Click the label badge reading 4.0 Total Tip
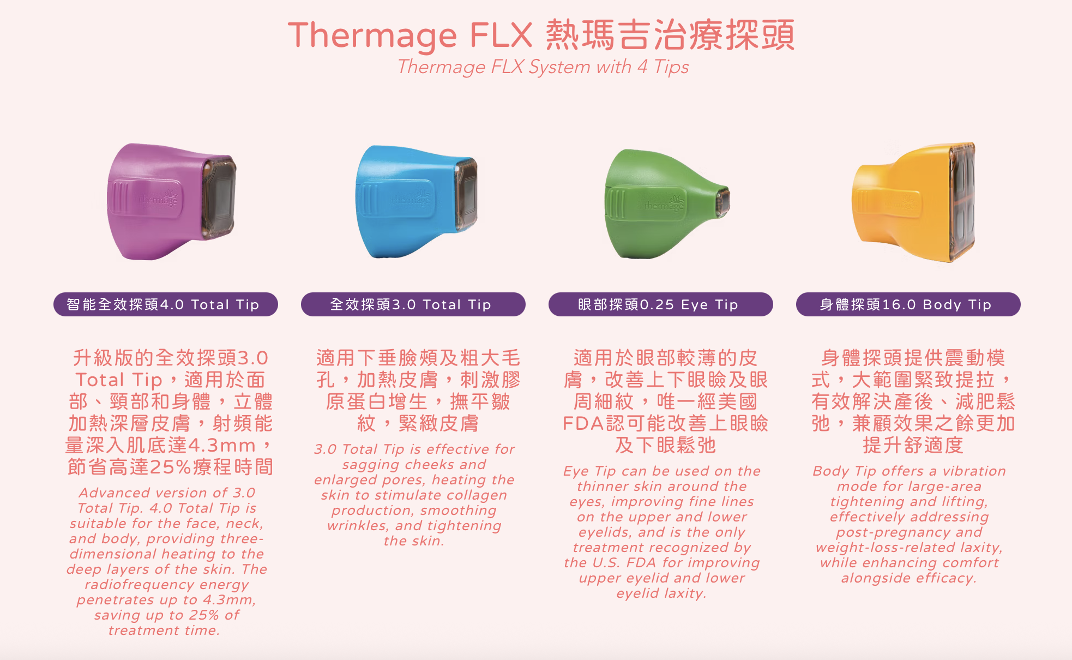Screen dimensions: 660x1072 tap(165, 304)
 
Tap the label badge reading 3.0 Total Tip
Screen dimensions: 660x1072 tap(413, 304)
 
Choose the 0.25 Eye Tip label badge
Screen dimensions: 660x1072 tap(660, 304)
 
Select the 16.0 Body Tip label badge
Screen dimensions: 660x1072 tap(908, 304)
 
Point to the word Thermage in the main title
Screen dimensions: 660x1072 tap(372, 36)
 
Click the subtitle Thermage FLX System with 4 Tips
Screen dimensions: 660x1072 tap(543, 67)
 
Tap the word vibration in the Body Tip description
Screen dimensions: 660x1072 tap(974, 471)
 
